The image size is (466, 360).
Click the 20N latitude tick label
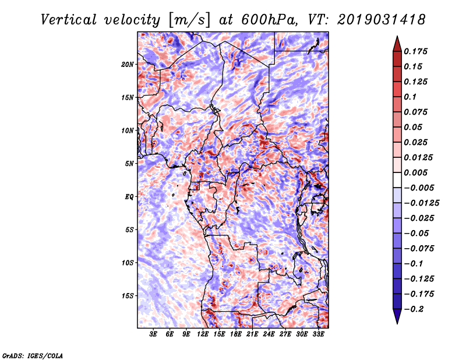(x=128, y=64)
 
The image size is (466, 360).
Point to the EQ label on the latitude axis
(x=129, y=196)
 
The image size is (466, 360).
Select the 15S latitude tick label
(x=128, y=295)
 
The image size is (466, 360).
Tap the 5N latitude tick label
(x=129, y=163)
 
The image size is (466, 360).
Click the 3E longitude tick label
(x=154, y=334)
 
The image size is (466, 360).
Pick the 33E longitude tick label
(x=318, y=334)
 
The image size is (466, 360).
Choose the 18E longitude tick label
(x=236, y=334)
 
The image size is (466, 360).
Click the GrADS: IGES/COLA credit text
(x=33, y=355)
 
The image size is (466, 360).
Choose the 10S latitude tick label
(x=128, y=263)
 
